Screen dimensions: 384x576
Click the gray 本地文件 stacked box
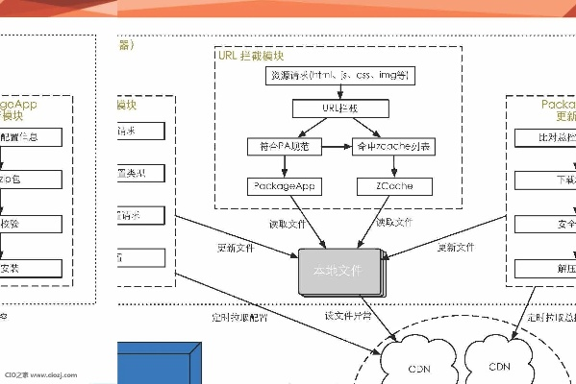(338, 272)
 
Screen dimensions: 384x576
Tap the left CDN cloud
(419, 369)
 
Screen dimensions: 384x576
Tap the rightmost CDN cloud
(499, 366)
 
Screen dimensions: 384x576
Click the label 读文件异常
(345, 315)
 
